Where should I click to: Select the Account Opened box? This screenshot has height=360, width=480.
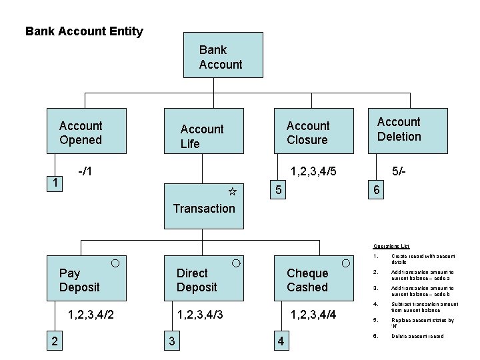81,132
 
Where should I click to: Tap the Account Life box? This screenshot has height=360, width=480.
202,135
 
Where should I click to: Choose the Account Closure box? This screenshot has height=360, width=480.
308,132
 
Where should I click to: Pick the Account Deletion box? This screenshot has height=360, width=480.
399,129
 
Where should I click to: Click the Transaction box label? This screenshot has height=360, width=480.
203,208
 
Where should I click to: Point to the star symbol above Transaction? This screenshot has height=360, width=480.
232,192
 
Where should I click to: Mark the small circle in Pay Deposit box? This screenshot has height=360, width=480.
115,263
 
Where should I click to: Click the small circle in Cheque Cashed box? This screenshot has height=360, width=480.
346,263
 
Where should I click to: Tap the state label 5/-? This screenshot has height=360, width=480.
400,171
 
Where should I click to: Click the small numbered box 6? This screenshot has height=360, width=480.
377,190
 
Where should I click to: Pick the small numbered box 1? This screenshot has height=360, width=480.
56,182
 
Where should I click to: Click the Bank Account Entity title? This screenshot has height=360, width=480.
84,31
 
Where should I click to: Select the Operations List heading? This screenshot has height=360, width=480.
391,246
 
